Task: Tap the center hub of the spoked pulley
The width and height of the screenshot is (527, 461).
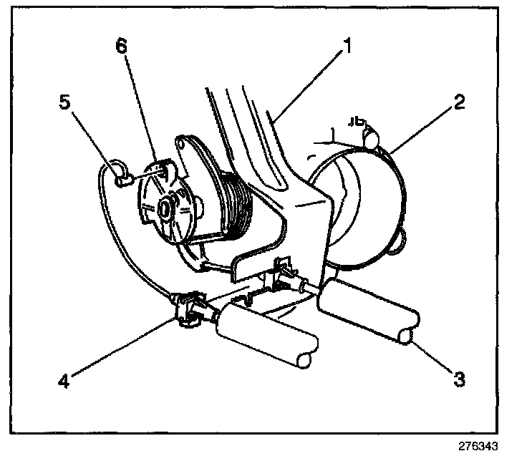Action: (166, 208)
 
